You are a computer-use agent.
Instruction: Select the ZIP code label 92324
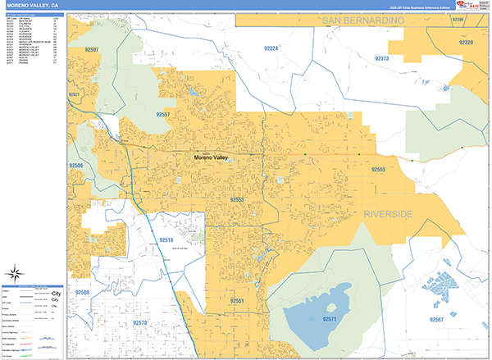click(x=272, y=49)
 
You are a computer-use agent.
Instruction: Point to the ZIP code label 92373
click(x=384, y=59)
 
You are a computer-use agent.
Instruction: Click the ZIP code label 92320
click(x=467, y=42)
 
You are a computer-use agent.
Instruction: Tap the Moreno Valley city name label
click(x=213, y=157)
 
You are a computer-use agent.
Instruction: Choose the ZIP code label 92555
click(x=378, y=169)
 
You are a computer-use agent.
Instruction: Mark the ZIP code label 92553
click(x=238, y=199)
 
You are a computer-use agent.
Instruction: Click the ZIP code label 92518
click(x=166, y=239)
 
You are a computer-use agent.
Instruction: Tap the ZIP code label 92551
click(x=238, y=302)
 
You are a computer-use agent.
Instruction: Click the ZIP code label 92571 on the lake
click(x=330, y=318)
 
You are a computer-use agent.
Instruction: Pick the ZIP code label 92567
click(x=436, y=318)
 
